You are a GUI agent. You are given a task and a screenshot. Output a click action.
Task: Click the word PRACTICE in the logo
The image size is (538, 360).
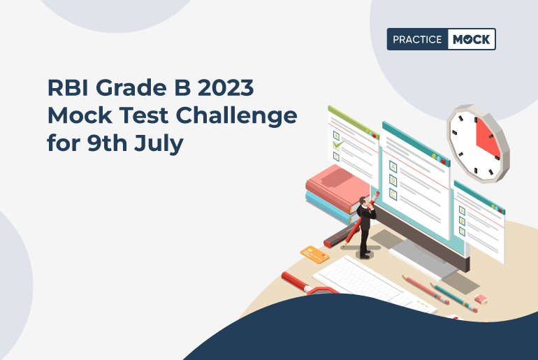click(x=416, y=39)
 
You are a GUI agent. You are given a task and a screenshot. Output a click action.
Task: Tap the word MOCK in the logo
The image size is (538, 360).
click(x=471, y=39)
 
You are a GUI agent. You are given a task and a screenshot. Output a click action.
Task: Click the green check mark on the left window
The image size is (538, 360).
click(x=339, y=145)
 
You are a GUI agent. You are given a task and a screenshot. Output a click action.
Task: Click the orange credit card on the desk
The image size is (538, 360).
click(x=314, y=254)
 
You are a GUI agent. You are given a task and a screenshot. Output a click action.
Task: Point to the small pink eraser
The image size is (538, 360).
click(x=480, y=298)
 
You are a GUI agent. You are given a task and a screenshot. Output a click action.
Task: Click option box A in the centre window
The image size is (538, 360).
click(x=393, y=167)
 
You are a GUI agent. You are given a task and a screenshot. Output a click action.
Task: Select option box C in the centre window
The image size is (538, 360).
click(x=393, y=194)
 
